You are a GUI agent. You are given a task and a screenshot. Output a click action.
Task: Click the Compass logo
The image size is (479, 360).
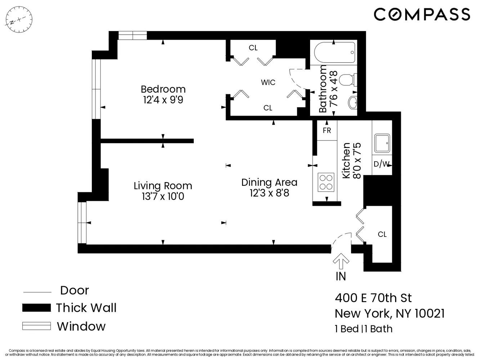click(x=422, y=14)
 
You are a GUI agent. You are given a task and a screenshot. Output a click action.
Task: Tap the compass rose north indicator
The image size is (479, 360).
click(x=19, y=19)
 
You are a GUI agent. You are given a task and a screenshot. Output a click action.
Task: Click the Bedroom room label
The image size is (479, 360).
click(x=163, y=89)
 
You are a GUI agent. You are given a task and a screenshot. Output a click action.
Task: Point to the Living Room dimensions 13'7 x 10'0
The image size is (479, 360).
click(x=163, y=197)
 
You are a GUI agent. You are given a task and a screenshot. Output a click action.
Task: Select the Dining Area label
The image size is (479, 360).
click(x=269, y=183)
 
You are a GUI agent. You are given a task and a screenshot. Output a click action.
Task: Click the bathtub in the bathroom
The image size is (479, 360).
click(x=334, y=53)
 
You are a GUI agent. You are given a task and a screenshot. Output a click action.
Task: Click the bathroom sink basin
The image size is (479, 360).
click(x=353, y=103)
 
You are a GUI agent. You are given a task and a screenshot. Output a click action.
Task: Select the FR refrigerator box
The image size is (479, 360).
click(x=327, y=130)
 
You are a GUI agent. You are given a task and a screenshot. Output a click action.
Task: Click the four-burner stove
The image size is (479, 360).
click(x=326, y=182)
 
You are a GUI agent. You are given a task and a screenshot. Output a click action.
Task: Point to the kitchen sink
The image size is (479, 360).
click(x=382, y=144)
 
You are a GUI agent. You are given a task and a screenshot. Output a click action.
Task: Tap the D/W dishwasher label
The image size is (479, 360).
click(x=381, y=164)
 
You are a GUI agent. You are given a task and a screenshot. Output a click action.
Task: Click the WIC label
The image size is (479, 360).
click(x=268, y=82)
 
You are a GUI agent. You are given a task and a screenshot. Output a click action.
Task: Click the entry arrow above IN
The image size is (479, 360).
click(x=341, y=262)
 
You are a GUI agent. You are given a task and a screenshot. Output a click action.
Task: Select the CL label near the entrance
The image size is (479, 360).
click(x=382, y=234)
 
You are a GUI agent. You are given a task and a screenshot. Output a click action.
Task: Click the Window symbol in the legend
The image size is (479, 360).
click(x=36, y=326)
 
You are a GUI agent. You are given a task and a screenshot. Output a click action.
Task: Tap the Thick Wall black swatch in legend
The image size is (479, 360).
click(x=36, y=308)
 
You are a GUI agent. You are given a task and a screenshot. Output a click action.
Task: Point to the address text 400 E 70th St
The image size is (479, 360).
click(x=373, y=298)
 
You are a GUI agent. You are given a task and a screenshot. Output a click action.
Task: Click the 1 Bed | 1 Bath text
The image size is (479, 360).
click(x=363, y=329)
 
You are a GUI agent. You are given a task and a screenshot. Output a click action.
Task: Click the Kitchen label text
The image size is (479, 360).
click(x=346, y=161)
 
